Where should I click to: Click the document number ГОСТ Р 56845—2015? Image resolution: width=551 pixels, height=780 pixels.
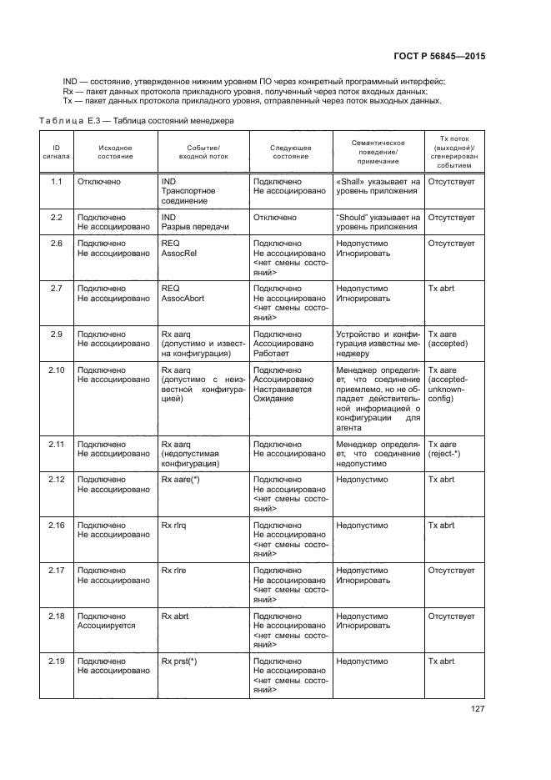[439, 56]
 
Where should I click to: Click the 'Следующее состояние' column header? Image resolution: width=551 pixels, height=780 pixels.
[290, 152]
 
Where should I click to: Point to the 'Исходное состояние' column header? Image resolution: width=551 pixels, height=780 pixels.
[114, 152]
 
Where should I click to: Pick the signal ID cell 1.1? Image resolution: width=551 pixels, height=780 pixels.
[56, 180]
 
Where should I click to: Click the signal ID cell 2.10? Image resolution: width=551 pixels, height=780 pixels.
[57, 369]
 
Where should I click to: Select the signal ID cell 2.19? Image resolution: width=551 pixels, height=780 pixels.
[57, 661]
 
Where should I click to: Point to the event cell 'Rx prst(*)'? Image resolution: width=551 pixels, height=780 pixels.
[179, 661]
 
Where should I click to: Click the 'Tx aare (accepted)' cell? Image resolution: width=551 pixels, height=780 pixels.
[447, 338]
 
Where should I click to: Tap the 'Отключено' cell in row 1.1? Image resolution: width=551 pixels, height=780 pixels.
[99, 180]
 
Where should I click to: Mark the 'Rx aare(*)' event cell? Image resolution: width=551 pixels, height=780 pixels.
[180, 480]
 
